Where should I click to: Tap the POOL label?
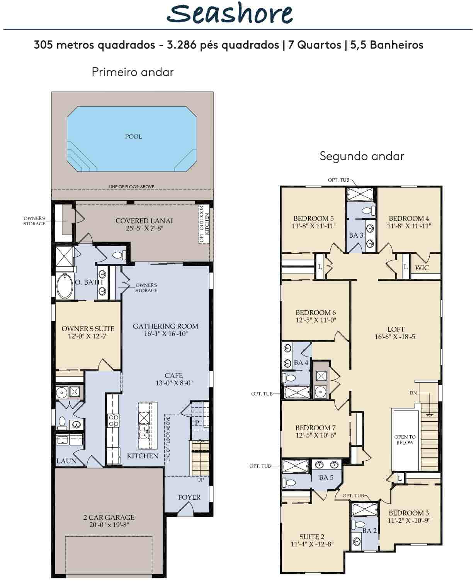click(x=133, y=137)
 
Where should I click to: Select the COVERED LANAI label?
click(x=144, y=221)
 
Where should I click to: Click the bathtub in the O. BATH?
click(x=65, y=286)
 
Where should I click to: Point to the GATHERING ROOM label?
click(x=165, y=326)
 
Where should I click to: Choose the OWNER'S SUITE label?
click(x=88, y=329)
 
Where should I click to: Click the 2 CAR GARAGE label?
click(x=109, y=517)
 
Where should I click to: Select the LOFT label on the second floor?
click(x=396, y=329)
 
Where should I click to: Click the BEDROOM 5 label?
click(x=313, y=219)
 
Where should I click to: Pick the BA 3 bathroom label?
click(x=356, y=235)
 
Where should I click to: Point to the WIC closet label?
click(x=422, y=267)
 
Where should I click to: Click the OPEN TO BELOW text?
click(x=405, y=439)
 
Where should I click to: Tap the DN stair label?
click(x=413, y=393)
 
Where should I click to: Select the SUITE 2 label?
click(x=311, y=537)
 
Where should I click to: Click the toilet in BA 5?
click(x=289, y=483)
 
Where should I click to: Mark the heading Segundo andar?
click(x=362, y=156)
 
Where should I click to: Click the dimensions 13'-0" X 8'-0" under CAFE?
click(x=174, y=383)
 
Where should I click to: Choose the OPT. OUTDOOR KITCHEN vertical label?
click(x=204, y=224)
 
